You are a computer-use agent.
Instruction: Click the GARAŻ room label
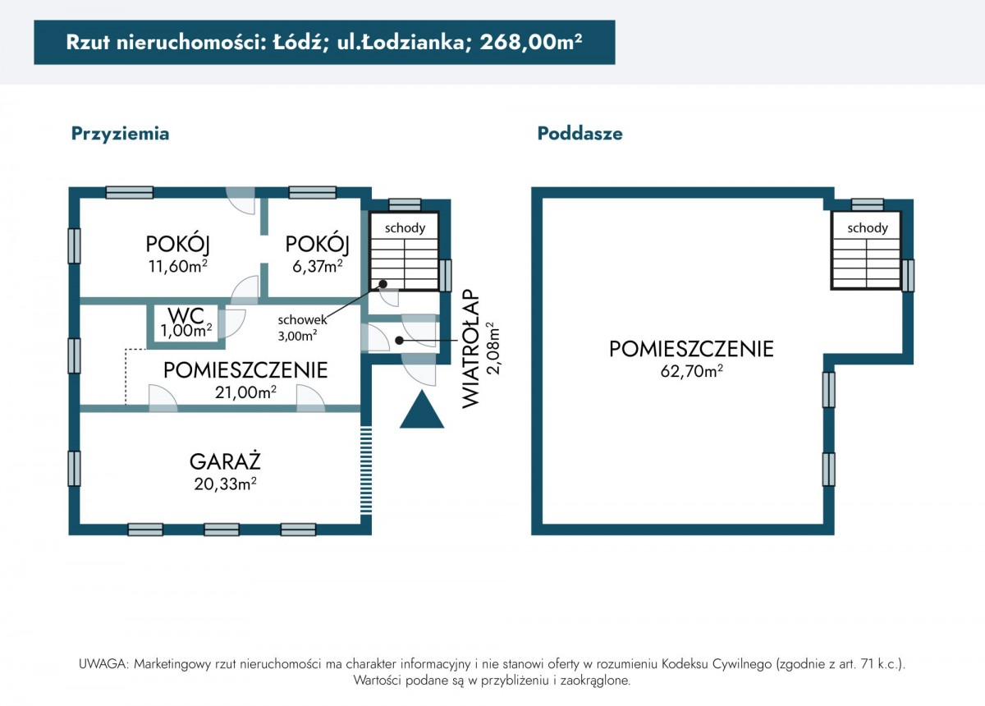point(225,461)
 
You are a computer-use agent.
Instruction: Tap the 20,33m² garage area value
point(225,484)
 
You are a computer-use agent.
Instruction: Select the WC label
point(186,314)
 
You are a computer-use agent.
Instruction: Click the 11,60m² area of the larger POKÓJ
point(177,266)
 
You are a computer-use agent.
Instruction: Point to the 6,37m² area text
point(318,266)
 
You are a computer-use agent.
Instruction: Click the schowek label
point(303,320)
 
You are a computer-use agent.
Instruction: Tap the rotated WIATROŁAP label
point(470,348)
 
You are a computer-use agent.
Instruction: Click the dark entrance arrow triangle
point(422,409)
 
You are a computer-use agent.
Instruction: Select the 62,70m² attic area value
point(691,371)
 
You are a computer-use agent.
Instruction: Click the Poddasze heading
point(580,133)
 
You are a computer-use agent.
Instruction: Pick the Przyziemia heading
point(120,134)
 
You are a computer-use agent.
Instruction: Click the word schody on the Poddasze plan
point(867,228)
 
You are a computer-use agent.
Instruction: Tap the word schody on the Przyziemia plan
point(405,228)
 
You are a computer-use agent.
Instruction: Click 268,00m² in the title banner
point(531,42)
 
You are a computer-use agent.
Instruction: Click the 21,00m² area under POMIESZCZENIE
point(245,392)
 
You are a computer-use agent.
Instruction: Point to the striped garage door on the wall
point(366,470)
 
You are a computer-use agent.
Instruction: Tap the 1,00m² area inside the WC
point(186,330)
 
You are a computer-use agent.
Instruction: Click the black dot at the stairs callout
point(383,284)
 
